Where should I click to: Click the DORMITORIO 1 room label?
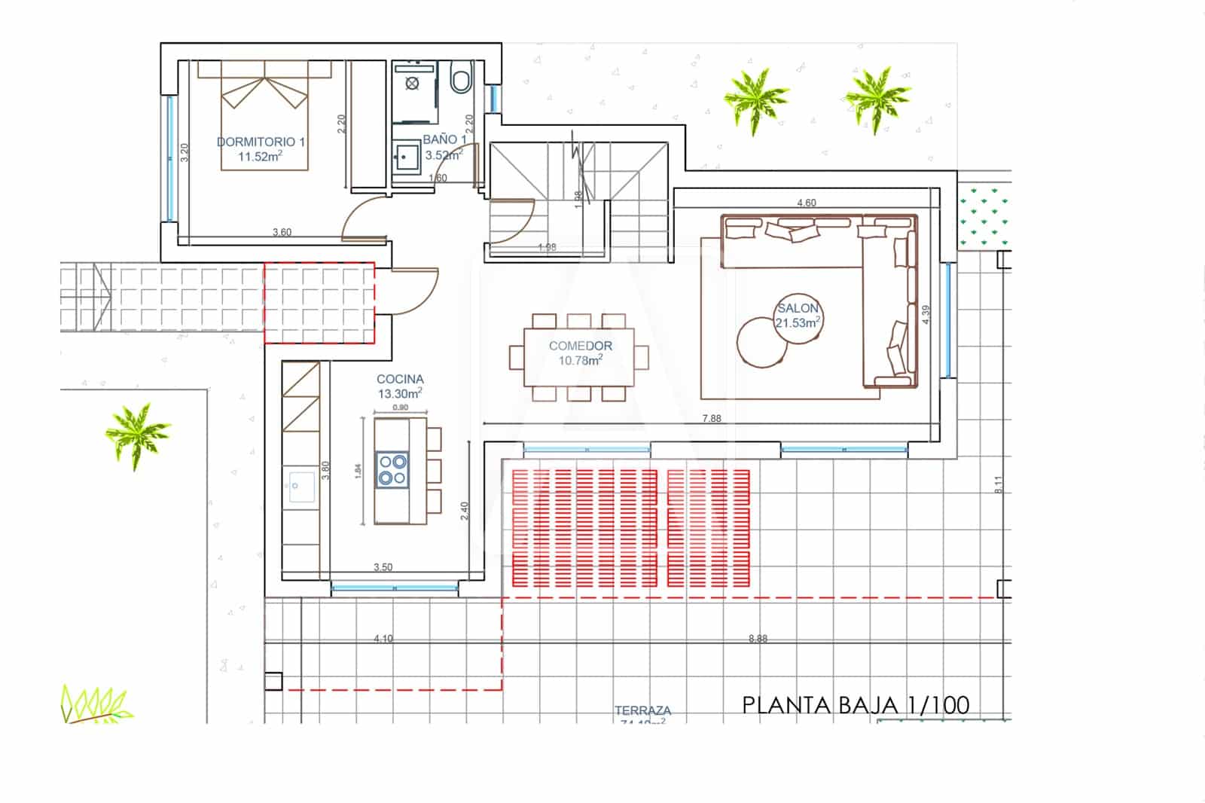pos(261,142)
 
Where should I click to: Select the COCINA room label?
pos(400,380)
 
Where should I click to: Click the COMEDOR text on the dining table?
pos(580,346)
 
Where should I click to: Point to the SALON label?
pos(798,308)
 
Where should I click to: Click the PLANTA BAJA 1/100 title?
pos(856,705)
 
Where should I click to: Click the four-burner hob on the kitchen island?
pos(392,469)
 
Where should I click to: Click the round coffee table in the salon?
pos(762,341)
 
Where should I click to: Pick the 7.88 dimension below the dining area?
pos(712,419)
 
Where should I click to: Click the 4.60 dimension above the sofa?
pos(807,203)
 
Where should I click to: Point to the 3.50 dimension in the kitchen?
pos(383,567)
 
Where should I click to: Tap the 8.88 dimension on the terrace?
pos(758,639)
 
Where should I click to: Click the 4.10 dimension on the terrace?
pos(383,639)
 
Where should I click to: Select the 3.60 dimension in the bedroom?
pos(282,232)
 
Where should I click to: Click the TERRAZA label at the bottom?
pos(642,710)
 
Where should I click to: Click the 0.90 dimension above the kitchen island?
pos(401,408)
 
